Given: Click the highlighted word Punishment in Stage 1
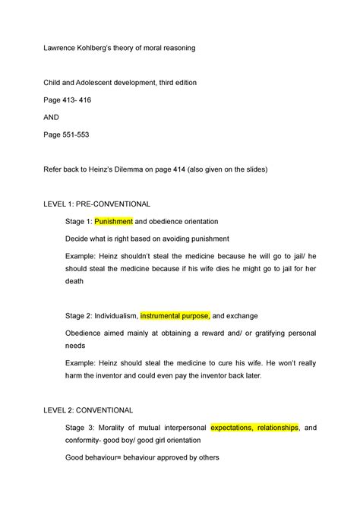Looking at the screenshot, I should [113, 221].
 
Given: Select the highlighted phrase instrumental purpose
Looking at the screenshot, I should [175, 315].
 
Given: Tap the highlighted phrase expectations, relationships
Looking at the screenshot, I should [255, 428].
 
